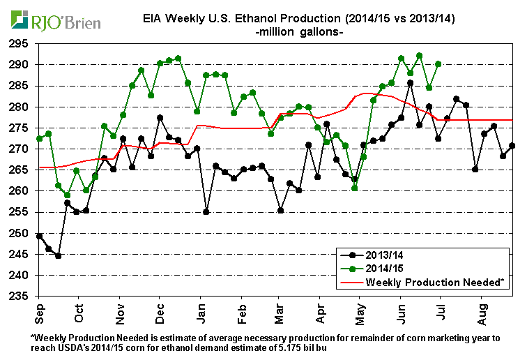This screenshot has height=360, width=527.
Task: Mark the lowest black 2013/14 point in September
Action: tap(58, 255)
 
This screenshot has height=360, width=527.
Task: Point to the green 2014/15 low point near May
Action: tap(355, 188)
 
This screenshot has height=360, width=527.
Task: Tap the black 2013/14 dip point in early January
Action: tap(206, 211)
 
